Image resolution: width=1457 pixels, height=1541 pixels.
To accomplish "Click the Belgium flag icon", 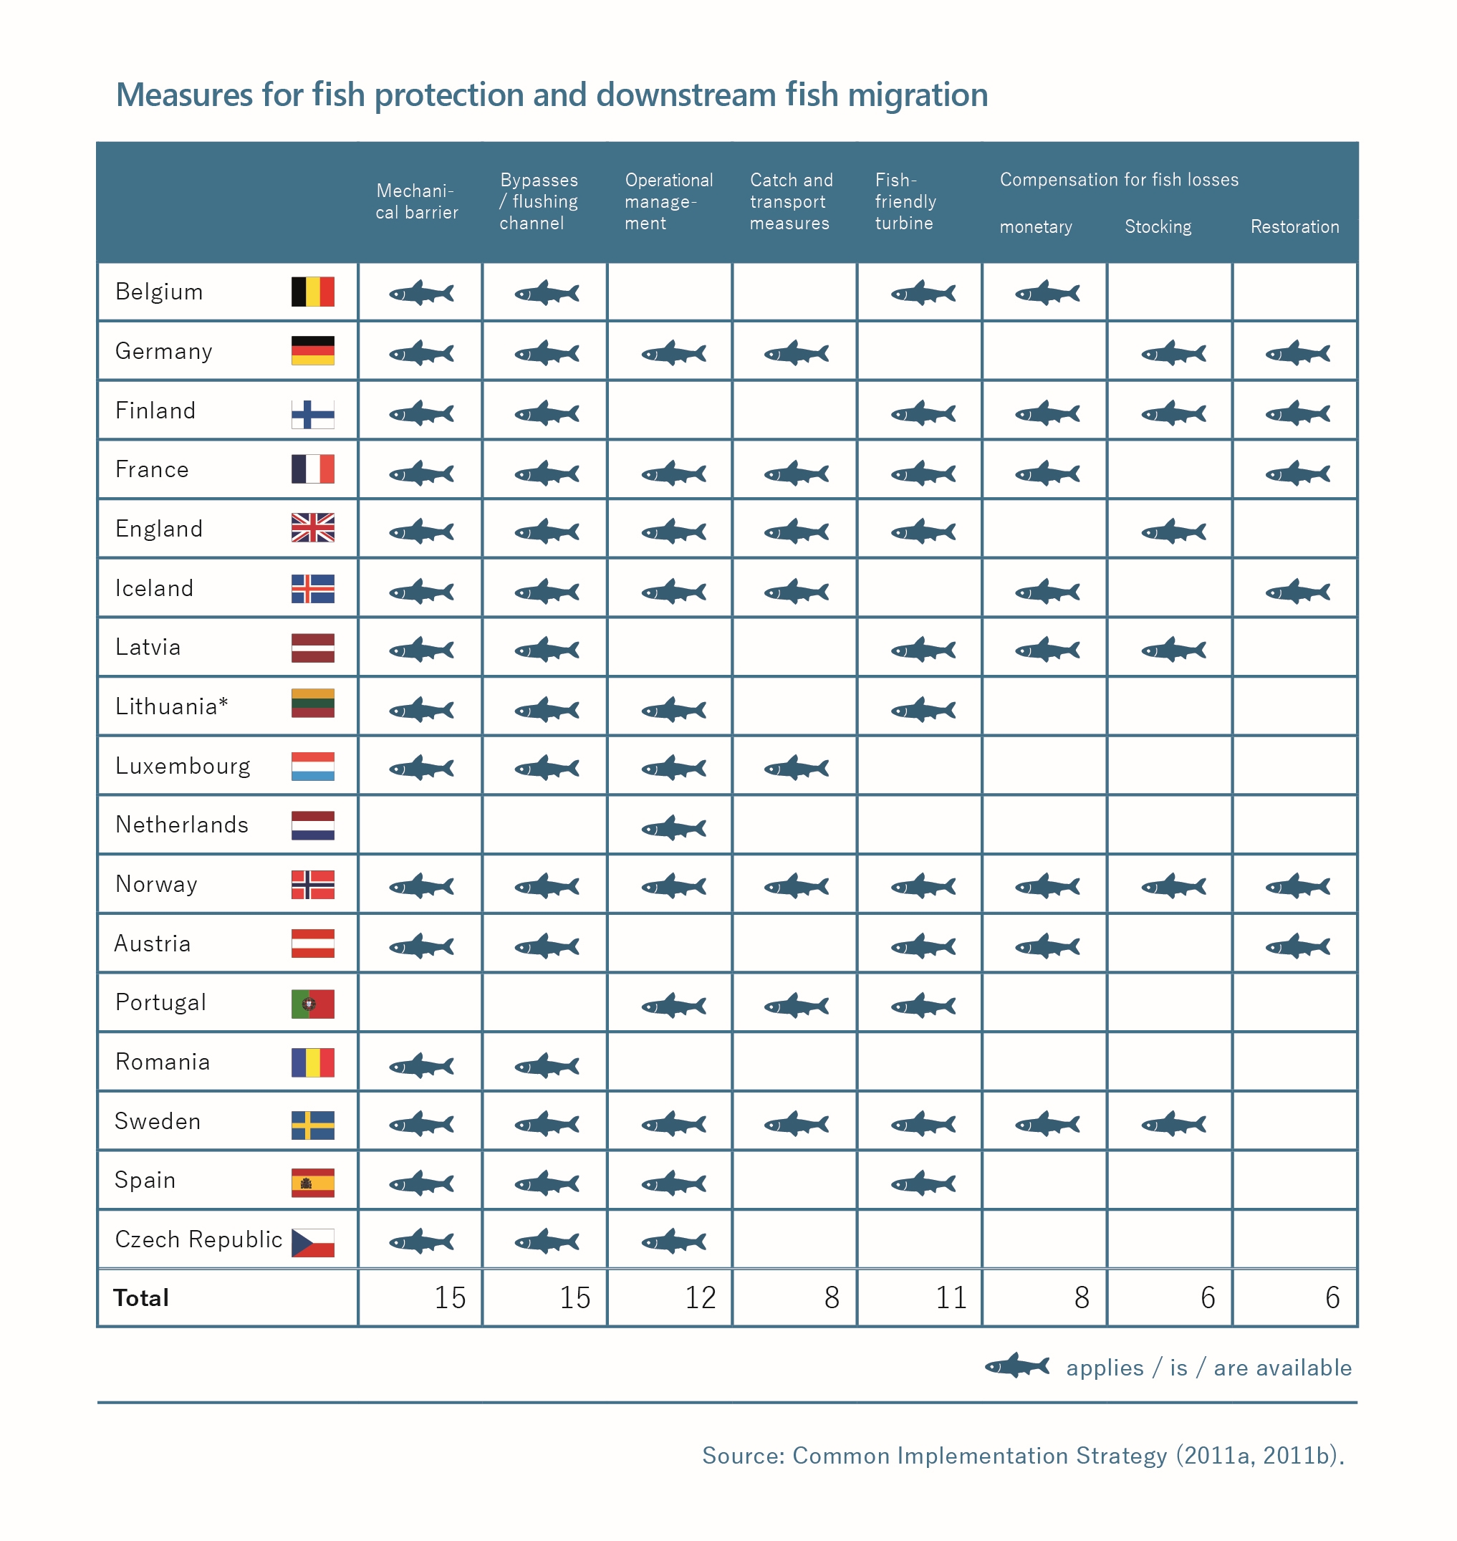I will click(x=312, y=292).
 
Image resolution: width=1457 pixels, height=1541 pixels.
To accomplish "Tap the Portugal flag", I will click(x=312, y=1004).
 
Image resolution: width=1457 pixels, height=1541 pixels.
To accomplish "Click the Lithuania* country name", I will click(x=171, y=707).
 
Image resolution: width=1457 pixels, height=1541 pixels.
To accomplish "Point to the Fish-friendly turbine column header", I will click(x=905, y=202).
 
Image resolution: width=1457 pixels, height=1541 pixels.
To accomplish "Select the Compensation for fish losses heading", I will click(x=1118, y=181).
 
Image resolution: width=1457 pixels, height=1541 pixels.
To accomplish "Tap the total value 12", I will click(x=700, y=1298).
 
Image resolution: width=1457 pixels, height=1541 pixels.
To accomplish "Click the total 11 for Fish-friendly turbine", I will click(x=951, y=1298).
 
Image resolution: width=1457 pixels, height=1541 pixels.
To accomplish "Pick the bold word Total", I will click(x=140, y=1299).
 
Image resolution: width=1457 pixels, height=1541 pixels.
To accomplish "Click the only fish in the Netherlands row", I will click(x=673, y=828).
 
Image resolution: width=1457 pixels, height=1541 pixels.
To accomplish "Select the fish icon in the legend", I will click(x=1016, y=1366).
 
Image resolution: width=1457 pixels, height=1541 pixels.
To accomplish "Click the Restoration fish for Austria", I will click(x=1297, y=946).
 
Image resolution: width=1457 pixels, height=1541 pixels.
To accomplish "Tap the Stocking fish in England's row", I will click(x=1173, y=532).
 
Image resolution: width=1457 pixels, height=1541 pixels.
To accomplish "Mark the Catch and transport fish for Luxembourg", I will click(x=796, y=769).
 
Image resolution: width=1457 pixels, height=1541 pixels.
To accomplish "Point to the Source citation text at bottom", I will click(x=1022, y=1456).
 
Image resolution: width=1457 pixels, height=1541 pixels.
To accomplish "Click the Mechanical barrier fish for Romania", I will click(x=421, y=1065).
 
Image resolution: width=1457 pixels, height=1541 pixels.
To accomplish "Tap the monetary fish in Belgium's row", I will click(x=1047, y=294).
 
